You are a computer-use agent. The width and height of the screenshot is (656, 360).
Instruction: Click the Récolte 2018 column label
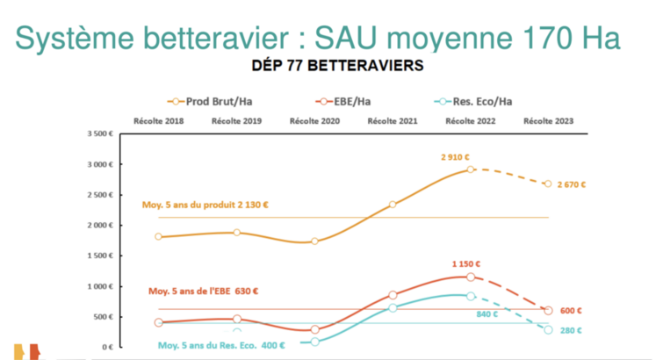pos(157,120)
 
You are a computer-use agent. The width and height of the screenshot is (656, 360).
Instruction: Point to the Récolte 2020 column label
pos(314,120)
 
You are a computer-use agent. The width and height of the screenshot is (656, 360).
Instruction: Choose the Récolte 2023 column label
pos(548,120)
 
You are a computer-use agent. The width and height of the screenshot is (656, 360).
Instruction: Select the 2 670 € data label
pos(571,185)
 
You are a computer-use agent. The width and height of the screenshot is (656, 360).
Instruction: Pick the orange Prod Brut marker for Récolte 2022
pos(471,169)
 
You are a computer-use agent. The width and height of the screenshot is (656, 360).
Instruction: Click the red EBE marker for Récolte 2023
pos(548,311)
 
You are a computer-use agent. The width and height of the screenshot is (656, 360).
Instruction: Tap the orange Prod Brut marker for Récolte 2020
pos(314,241)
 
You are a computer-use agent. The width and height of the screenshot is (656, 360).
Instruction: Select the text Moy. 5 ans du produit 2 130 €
pos(205,205)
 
